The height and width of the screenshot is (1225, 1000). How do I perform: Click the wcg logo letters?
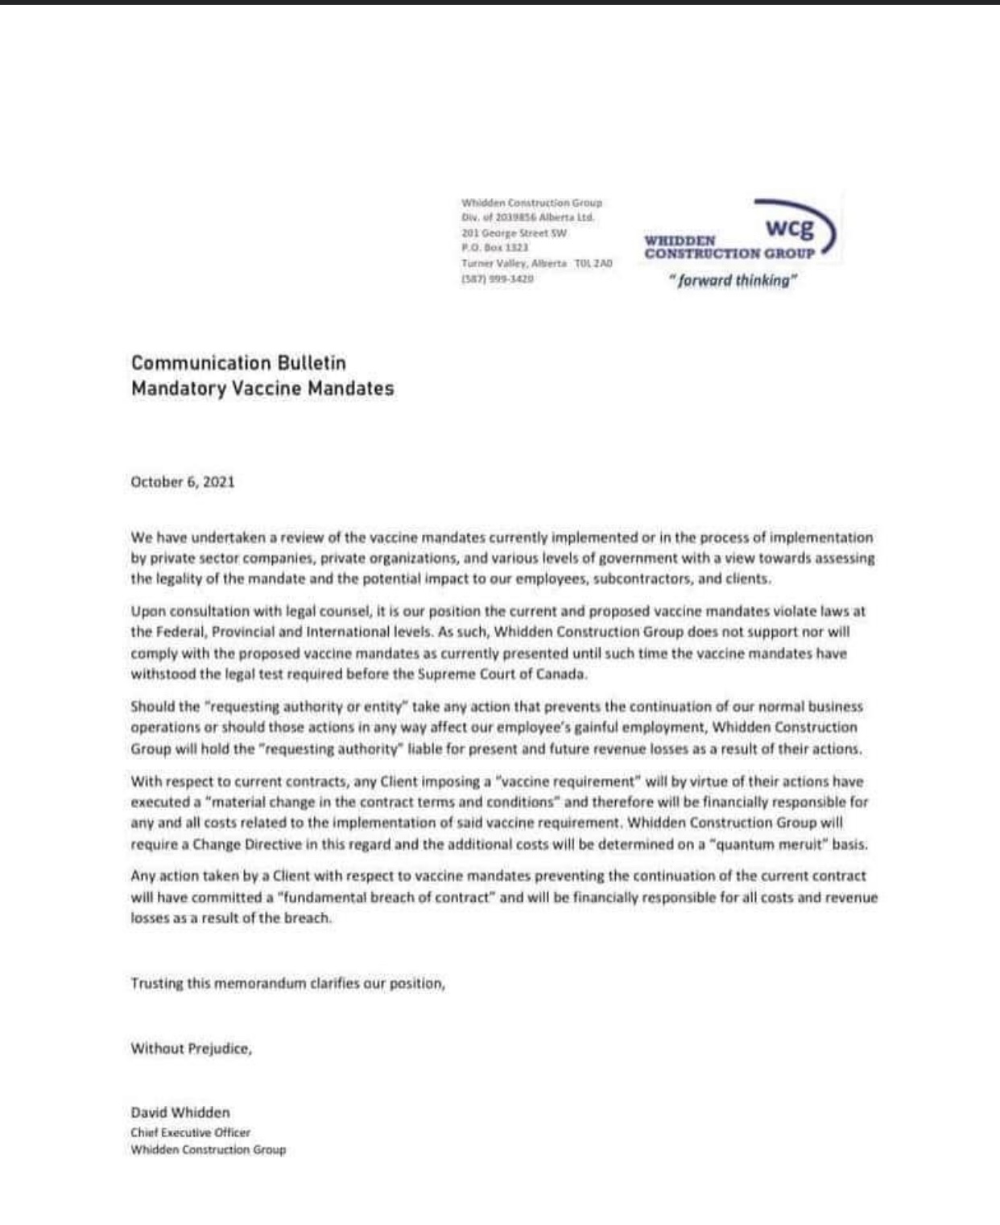tap(789, 228)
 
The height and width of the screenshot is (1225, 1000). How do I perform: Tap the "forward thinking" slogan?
tap(733, 281)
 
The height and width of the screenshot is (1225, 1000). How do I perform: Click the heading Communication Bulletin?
tap(238, 363)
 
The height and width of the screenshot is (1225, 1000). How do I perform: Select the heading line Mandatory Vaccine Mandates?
tap(262, 389)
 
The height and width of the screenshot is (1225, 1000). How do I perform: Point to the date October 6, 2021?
tap(183, 482)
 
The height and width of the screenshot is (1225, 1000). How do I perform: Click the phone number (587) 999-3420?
tap(497, 278)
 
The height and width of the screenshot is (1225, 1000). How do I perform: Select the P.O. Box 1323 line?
tap(494, 248)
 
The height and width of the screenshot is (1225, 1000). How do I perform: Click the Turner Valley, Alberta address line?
tap(536, 263)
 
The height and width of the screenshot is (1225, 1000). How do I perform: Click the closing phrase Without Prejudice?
tap(191, 1049)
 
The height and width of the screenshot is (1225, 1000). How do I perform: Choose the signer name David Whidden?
tap(180, 1112)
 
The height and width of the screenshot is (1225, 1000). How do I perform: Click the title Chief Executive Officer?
tap(191, 1132)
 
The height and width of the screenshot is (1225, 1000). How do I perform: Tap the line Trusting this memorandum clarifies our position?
tap(287, 984)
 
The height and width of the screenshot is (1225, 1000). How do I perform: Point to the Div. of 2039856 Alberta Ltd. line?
tap(527, 217)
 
